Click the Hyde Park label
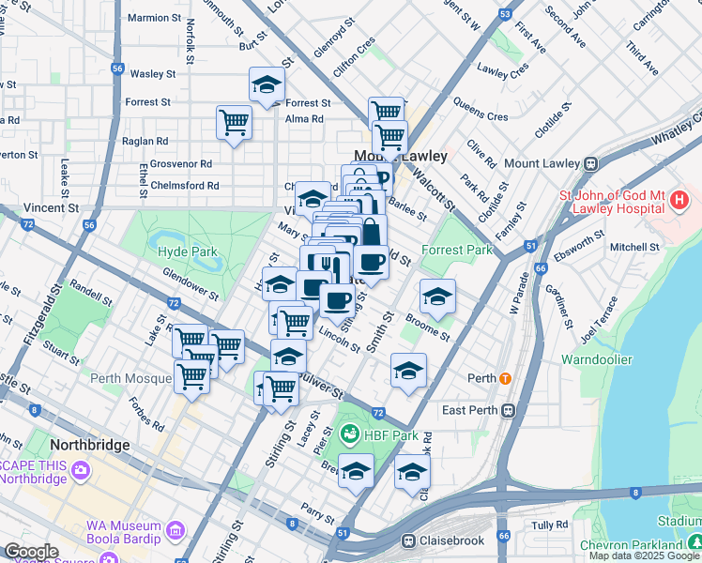click(188, 251)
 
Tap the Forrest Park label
click(457, 251)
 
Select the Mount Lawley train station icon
click(591, 162)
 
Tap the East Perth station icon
click(509, 410)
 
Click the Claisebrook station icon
click(409, 540)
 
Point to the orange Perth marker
click(505, 379)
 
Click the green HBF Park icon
click(349, 434)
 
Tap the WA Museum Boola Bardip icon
click(175, 533)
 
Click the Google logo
click(31, 552)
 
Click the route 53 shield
click(506, 14)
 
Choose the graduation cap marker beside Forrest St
click(267, 84)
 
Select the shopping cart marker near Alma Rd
click(234, 122)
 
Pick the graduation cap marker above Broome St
click(436, 297)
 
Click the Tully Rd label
click(550, 525)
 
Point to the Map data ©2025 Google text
click(644, 555)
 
